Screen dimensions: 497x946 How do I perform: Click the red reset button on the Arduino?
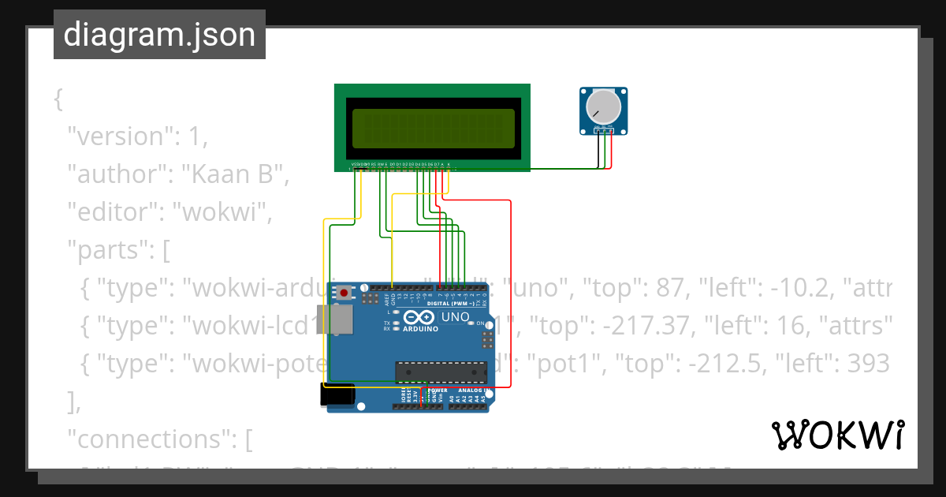pyautogui.click(x=344, y=293)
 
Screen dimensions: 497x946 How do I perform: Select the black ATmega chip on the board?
pyautogui.click(x=441, y=372)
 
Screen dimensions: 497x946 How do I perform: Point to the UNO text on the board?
pyautogui.click(x=455, y=317)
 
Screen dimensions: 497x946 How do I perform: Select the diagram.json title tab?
pyautogui.click(x=159, y=35)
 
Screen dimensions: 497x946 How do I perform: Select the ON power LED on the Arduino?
pyautogui.click(x=471, y=323)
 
